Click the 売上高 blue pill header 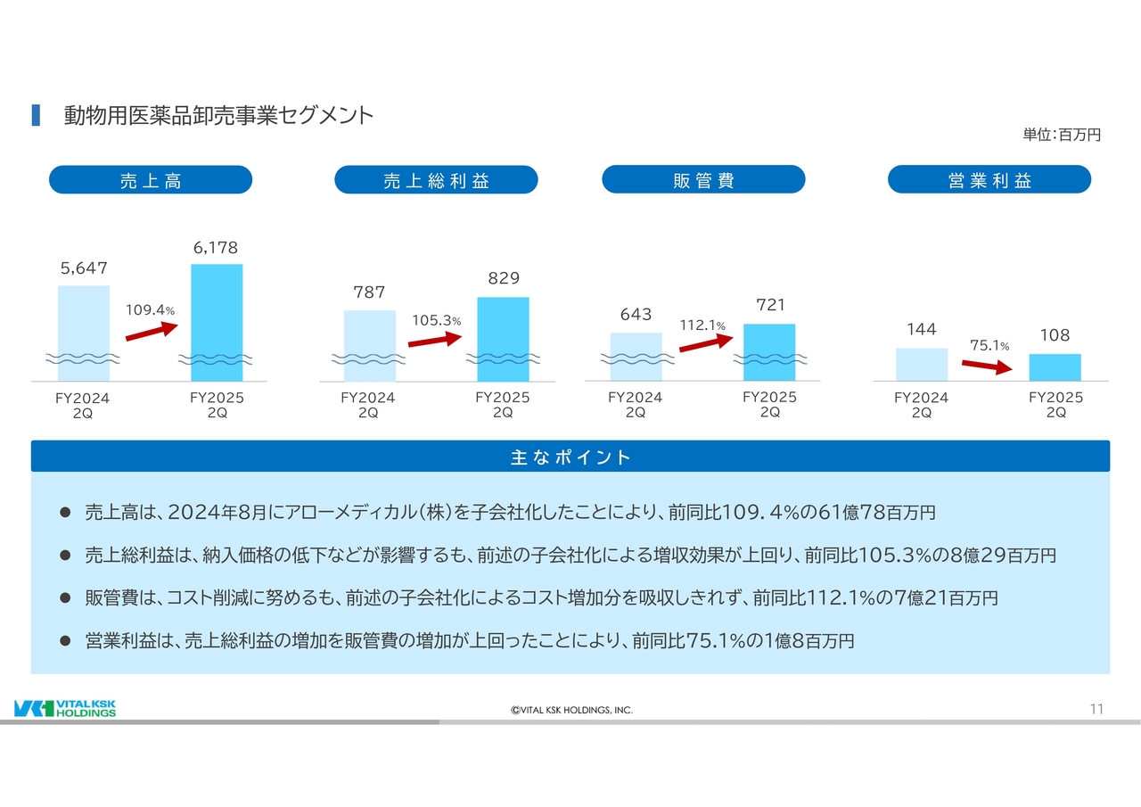tap(150, 180)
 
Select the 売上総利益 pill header tap(436, 180)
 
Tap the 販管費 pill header tap(703, 179)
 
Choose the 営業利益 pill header tap(989, 179)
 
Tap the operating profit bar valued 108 tap(1055, 366)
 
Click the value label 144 tap(921, 330)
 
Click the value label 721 tap(770, 305)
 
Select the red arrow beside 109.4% tap(152, 331)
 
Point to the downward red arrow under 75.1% tap(988, 366)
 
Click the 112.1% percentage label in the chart tap(703, 325)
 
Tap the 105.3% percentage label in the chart tap(436, 320)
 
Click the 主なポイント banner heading tap(570, 457)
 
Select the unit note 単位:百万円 tap(1062, 135)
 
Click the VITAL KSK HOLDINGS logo tap(65, 708)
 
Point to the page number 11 tap(1096, 709)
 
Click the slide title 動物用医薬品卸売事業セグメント tap(218, 115)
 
